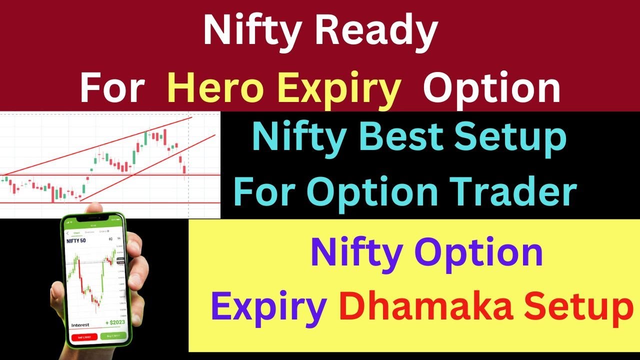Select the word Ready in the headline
[369, 31]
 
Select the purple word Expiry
[268, 307]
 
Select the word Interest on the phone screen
[80, 325]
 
